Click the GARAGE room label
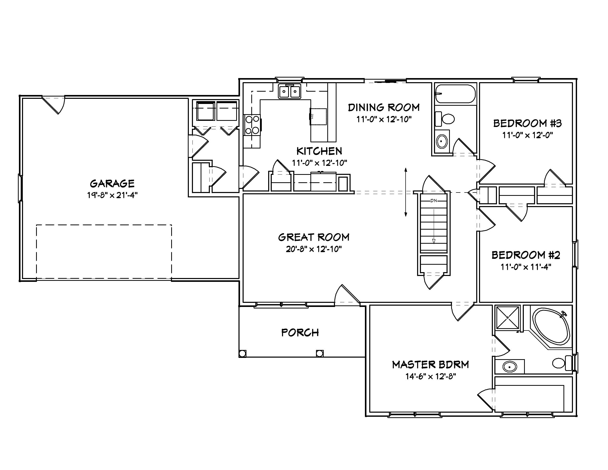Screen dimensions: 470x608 (112, 184)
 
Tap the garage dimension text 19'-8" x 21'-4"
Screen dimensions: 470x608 (112, 195)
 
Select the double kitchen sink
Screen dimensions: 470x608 (289, 91)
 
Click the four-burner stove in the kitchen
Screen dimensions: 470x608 (252, 125)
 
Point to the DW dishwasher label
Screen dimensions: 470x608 (312, 116)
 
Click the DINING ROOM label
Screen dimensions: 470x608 (384, 108)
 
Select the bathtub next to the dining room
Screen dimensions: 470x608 (455, 94)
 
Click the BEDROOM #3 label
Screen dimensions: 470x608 (527, 123)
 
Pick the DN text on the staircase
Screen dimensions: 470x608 (433, 200)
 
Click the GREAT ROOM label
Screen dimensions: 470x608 (314, 237)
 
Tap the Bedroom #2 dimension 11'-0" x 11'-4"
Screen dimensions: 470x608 (526, 267)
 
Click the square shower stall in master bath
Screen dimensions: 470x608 (507, 318)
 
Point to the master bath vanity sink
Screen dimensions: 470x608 (509, 367)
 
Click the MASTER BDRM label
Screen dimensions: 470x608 (430, 365)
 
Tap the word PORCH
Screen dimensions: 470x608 (300, 333)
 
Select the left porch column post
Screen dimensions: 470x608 (243, 354)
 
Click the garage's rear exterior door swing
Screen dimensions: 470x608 (56, 104)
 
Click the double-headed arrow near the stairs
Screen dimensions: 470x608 (406, 192)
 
